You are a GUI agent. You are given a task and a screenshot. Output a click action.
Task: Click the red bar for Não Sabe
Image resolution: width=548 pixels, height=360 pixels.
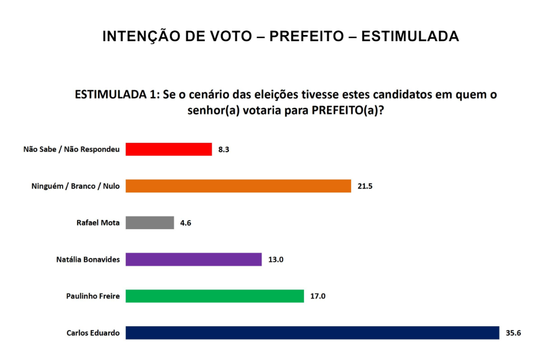tap(169, 150)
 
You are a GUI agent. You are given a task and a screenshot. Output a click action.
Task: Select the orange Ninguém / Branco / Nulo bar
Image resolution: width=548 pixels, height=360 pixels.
tap(238, 186)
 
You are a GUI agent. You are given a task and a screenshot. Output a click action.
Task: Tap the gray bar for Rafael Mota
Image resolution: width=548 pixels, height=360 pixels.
tap(149, 223)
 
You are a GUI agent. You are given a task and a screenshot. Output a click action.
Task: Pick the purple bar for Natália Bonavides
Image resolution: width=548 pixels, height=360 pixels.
tap(193, 260)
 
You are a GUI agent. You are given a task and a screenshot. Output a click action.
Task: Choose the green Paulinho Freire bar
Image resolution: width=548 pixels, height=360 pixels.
tap(215, 296)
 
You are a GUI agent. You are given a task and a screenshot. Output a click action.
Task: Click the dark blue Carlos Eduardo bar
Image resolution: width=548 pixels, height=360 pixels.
tap(312, 333)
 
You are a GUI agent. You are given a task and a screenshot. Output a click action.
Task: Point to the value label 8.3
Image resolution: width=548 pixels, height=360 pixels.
tap(223, 150)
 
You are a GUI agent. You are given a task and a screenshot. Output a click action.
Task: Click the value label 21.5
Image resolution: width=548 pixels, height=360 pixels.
tap(365, 186)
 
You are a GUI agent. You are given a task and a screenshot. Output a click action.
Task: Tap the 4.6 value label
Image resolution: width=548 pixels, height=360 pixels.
tap(185, 223)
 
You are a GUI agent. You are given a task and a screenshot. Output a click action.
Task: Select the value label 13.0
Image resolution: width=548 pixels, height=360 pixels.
tap(276, 260)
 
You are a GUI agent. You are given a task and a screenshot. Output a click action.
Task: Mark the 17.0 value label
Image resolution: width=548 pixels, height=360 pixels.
tap(319, 296)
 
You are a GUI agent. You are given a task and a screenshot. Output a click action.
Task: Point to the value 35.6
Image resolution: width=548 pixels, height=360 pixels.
tap(513, 333)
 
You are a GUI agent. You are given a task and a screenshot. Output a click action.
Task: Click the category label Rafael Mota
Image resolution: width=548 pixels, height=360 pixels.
tap(98, 223)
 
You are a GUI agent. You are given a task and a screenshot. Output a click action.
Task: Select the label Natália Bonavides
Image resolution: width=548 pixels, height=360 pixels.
tap(88, 260)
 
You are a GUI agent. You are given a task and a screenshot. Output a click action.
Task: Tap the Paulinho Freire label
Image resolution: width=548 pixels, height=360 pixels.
tap(93, 296)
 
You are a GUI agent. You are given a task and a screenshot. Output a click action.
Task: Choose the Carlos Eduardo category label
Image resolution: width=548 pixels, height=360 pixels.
tap(93, 333)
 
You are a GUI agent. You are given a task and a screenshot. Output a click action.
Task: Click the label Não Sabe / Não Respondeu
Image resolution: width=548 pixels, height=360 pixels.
tap(72, 150)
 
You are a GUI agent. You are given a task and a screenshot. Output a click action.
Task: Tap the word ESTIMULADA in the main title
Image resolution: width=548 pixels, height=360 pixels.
tap(410, 37)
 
